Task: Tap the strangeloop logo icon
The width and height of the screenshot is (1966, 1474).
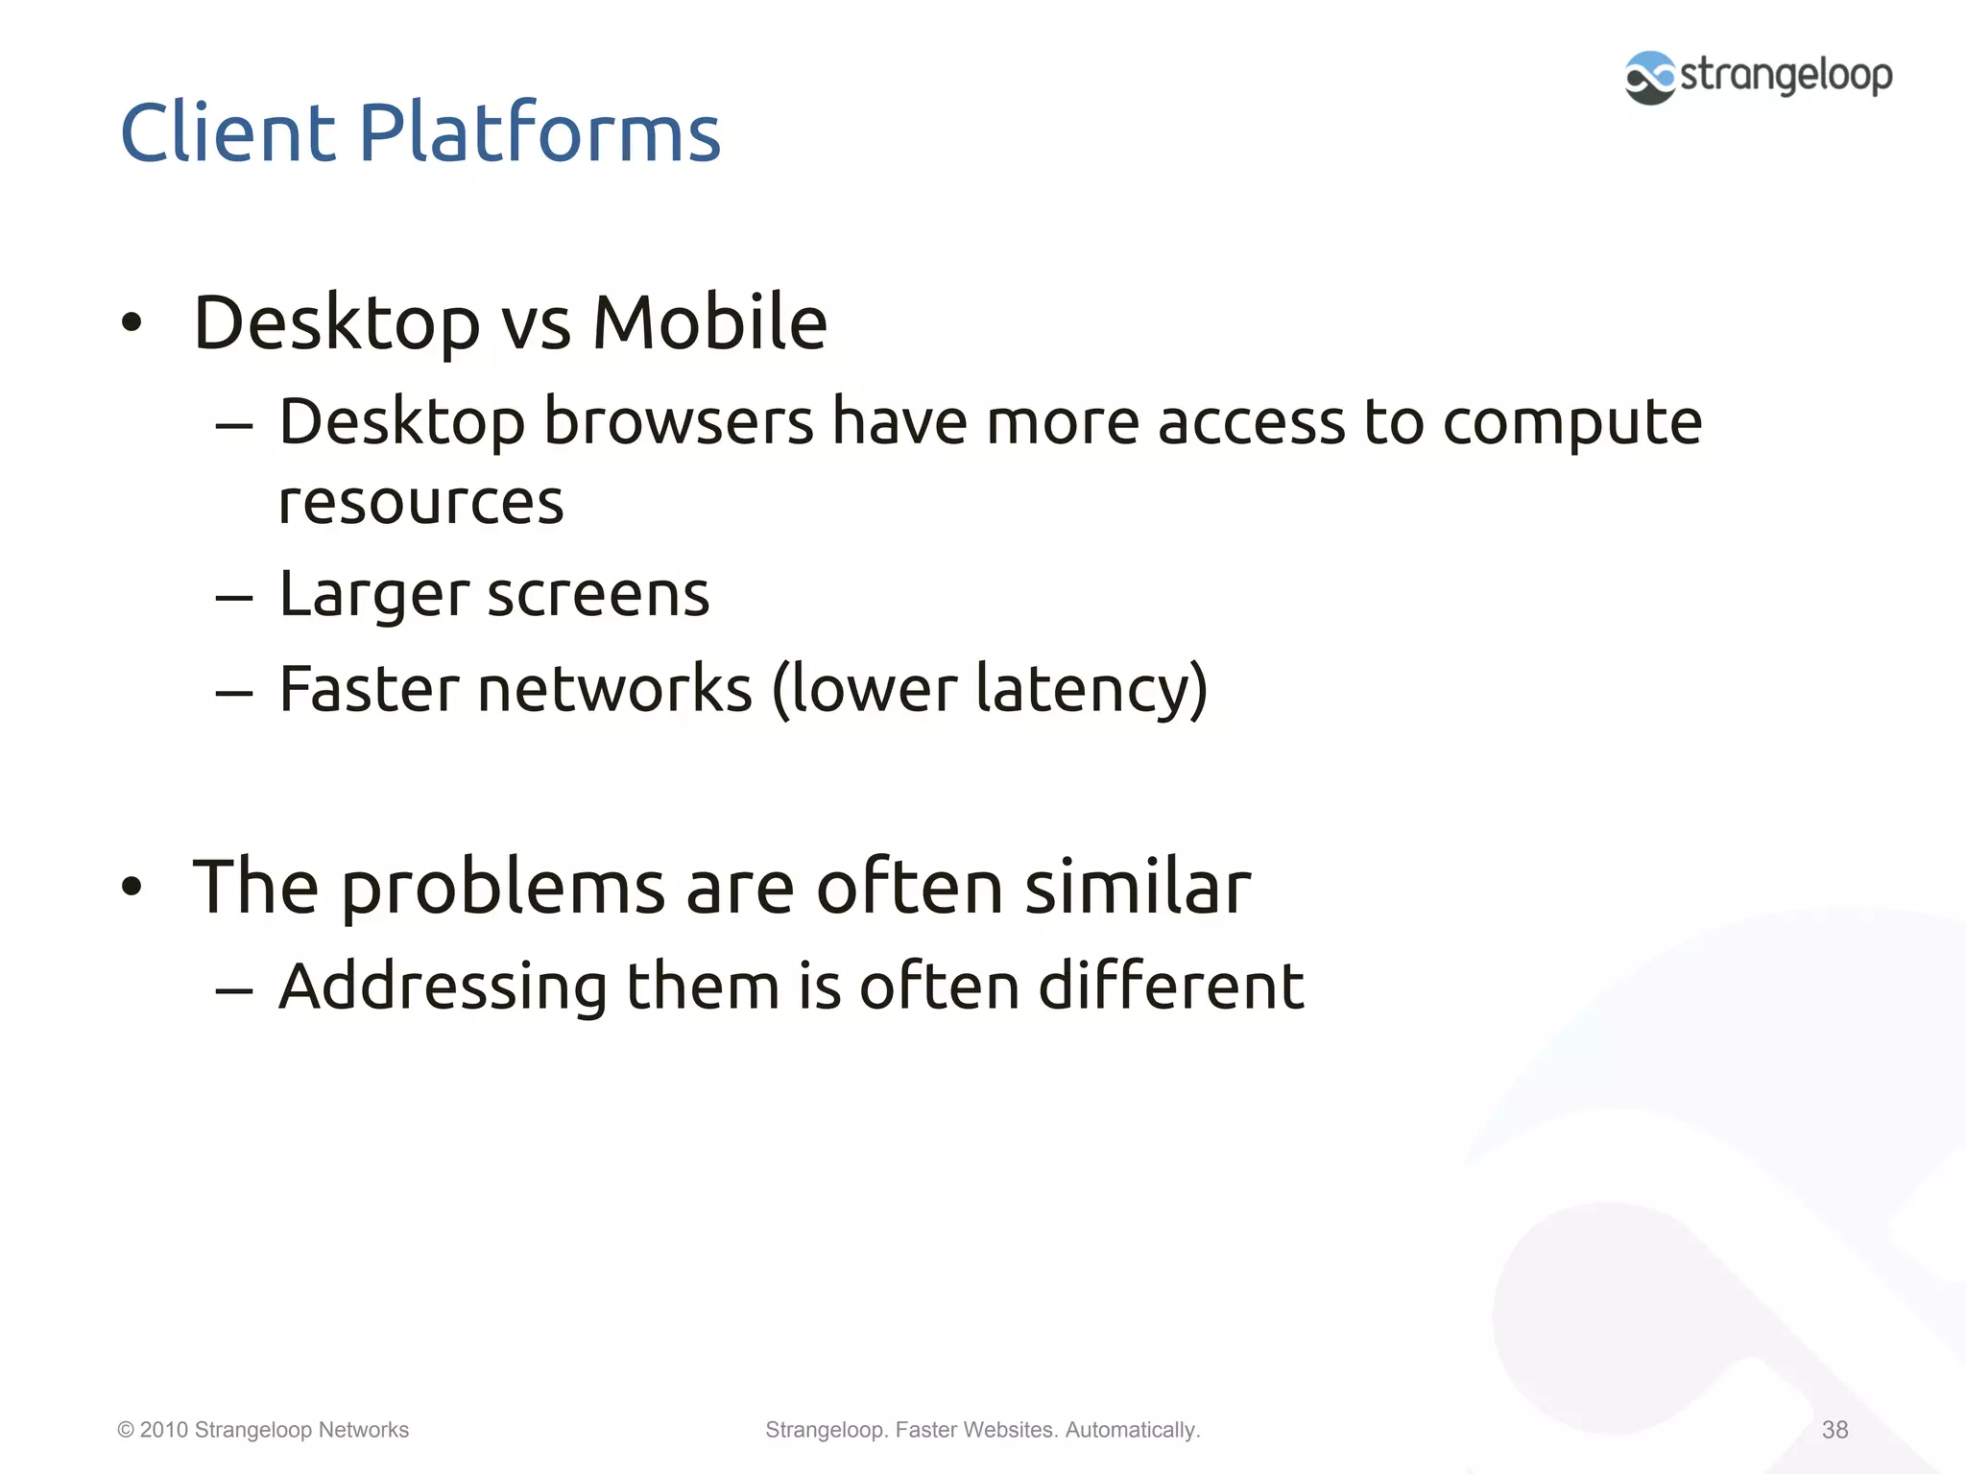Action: coord(1649,78)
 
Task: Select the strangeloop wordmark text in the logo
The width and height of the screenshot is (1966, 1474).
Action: coord(1786,75)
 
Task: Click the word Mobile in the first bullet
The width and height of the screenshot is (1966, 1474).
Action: coord(709,322)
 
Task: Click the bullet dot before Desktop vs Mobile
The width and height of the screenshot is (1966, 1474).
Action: coord(132,323)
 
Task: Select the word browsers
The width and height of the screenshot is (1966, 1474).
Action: coord(679,421)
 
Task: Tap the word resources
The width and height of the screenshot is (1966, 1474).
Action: coord(420,503)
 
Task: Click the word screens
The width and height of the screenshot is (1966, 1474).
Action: coord(598,595)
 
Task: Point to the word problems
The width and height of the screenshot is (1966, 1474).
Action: coord(503,888)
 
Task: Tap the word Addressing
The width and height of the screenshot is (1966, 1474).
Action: coord(443,987)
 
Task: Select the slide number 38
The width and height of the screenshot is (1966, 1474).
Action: coord(1834,1430)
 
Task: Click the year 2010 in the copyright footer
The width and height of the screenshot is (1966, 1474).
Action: coord(163,1430)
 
